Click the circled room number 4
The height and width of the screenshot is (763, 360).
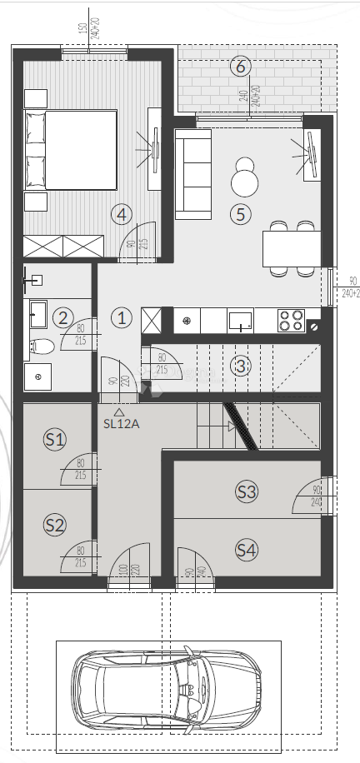click(122, 214)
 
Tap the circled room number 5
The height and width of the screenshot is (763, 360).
click(241, 214)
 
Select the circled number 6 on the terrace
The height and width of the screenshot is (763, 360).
click(241, 66)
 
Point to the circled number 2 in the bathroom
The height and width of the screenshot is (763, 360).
click(62, 317)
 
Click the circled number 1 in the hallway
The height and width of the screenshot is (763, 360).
click(122, 317)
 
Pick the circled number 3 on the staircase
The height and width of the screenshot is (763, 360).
click(241, 365)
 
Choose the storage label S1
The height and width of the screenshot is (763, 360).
click(55, 438)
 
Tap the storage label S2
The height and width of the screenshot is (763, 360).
click(55, 525)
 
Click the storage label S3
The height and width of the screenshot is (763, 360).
click(246, 491)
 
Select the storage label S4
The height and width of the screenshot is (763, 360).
click(246, 550)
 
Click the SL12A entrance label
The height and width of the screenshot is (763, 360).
click(121, 423)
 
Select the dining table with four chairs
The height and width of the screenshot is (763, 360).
click(291, 247)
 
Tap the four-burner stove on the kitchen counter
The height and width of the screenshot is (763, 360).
click(291, 319)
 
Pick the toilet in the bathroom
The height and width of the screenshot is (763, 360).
click(42, 346)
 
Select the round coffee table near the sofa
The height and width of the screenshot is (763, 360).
click(245, 180)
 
